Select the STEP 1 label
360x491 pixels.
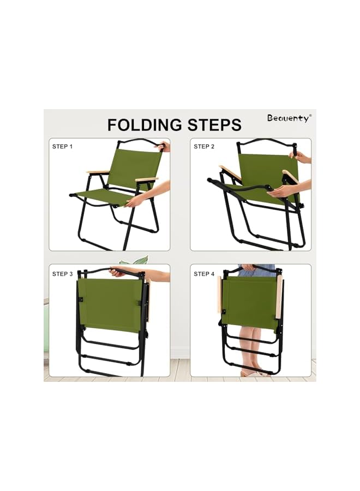click(x=62, y=147)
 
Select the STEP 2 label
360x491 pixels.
click(x=204, y=147)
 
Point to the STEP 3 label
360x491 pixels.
click(x=62, y=274)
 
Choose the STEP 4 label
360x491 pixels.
click(x=204, y=274)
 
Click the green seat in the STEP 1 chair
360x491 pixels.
click(x=104, y=195)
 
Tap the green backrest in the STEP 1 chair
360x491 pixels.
click(x=134, y=166)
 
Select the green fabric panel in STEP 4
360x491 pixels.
click(x=250, y=303)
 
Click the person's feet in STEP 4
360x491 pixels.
click(x=252, y=372)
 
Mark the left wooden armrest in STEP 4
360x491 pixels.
click(x=219, y=295)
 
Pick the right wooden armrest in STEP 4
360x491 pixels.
click(x=279, y=297)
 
